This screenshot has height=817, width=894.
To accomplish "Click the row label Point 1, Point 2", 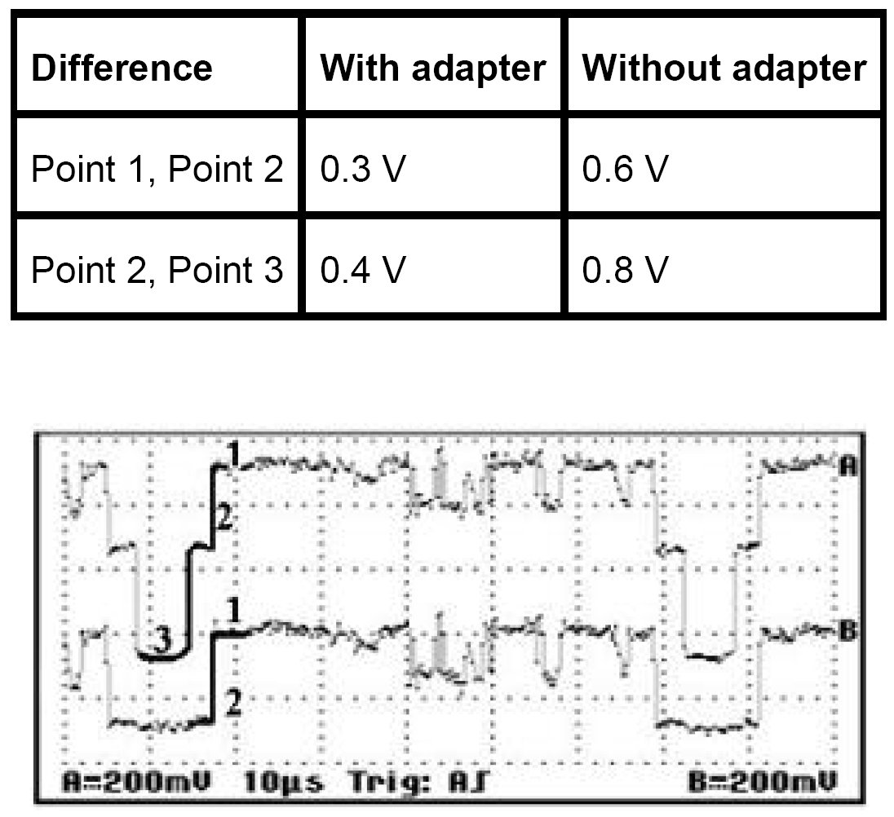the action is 157,170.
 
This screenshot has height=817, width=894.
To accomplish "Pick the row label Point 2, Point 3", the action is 157,269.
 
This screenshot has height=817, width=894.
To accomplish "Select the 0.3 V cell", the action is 362,170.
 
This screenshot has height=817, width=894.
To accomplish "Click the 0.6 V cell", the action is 624,170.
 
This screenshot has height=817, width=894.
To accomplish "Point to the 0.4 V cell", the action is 362,269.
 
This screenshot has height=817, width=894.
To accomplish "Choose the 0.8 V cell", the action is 624,269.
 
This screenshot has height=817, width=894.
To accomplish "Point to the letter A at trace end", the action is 848,466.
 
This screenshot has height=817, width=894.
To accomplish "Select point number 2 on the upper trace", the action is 224,516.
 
